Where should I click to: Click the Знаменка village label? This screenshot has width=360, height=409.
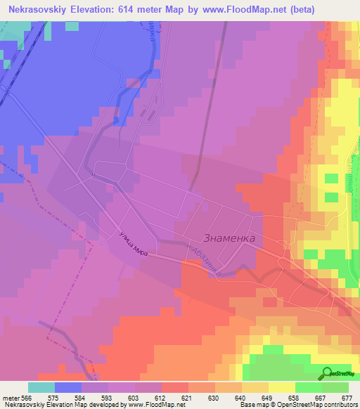(x=229, y=238)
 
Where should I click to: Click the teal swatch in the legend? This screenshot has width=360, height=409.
(x=41, y=387)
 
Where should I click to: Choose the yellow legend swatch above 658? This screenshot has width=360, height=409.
(x=281, y=387)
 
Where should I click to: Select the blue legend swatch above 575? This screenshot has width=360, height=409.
(x=68, y=387)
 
